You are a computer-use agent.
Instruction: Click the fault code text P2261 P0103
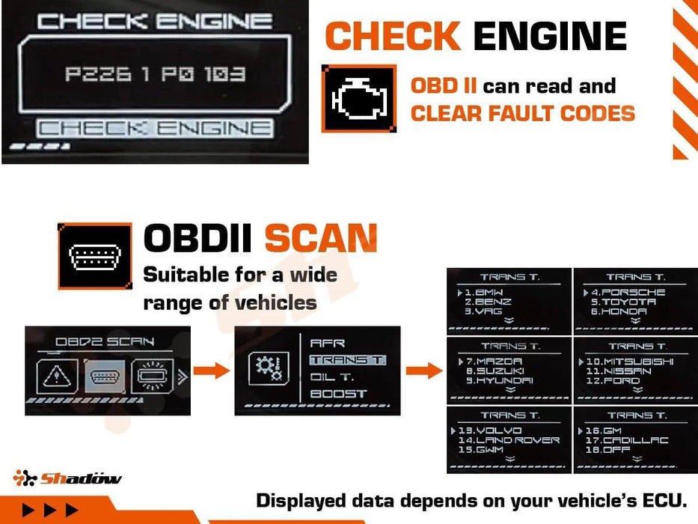click(x=155, y=75)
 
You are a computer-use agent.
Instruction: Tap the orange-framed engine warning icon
click(x=359, y=99)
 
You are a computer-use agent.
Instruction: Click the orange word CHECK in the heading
click(x=393, y=36)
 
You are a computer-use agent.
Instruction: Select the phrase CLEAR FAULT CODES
click(x=522, y=114)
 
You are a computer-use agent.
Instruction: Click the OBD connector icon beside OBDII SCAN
click(x=95, y=256)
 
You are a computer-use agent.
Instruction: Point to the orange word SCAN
click(x=320, y=239)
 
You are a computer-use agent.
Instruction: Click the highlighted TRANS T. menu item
click(x=347, y=360)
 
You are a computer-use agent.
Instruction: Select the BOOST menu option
click(x=338, y=394)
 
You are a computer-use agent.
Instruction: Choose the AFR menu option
click(x=328, y=343)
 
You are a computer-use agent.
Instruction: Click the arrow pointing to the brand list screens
click(x=423, y=370)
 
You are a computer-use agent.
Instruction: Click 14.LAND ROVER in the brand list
click(x=509, y=440)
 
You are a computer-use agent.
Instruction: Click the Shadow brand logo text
click(x=80, y=478)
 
